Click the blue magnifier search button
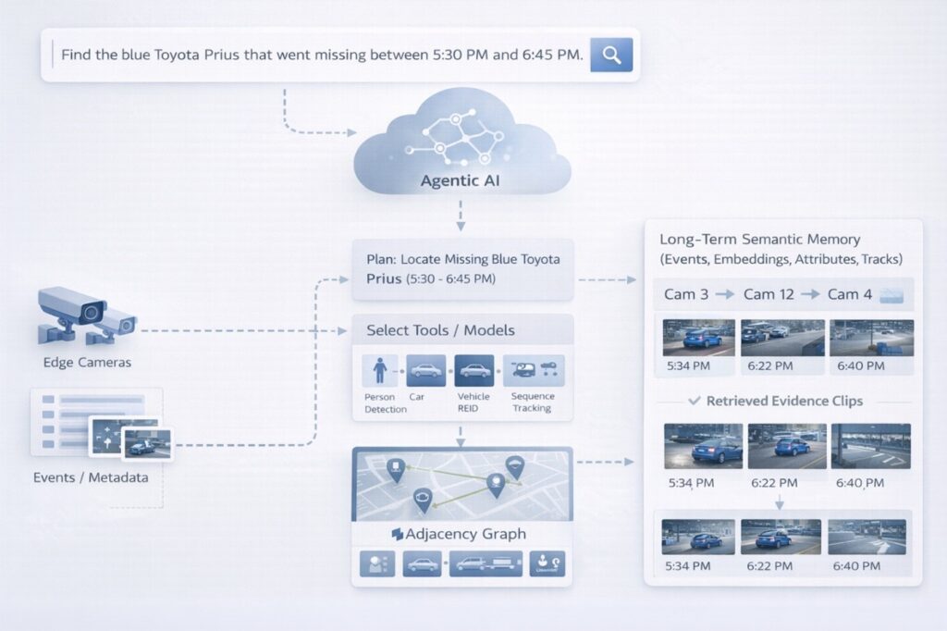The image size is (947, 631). [x=611, y=55]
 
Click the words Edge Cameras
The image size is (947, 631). [x=87, y=363]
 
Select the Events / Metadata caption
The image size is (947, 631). [x=91, y=478]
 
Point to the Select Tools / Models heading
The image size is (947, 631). [x=440, y=330]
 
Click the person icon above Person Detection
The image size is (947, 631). [x=379, y=371]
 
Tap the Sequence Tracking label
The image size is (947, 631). [x=532, y=402]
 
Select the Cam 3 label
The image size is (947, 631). [x=687, y=294]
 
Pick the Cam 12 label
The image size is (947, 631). [x=772, y=294]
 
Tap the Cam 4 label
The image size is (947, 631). [x=849, y=294]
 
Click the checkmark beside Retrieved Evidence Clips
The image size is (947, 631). [x=695, y=402]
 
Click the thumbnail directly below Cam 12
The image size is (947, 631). [x=782, y=338]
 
